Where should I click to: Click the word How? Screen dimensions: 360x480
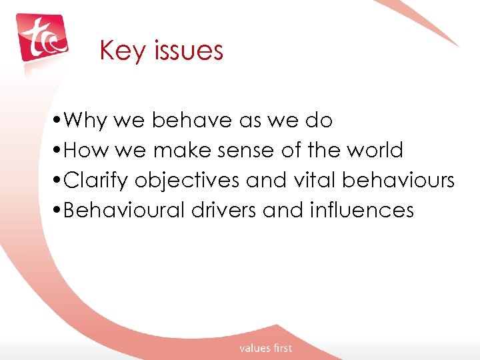(x=88, y=151)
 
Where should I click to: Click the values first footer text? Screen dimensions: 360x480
(x=266, y=348)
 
